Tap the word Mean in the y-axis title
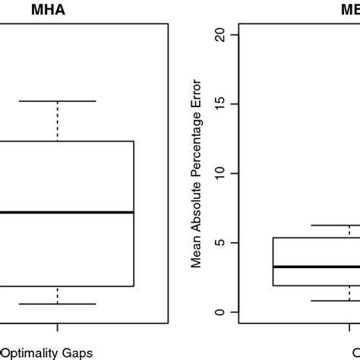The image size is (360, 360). (x=197, y=252)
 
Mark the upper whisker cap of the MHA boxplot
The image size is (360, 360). (x=58, y=101)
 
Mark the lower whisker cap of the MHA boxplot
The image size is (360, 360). (x=58, y=304)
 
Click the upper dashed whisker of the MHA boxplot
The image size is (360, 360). (x=58, y=121)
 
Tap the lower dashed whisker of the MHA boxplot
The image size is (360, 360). (x=58, y=295)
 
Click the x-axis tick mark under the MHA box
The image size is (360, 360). (x=58, y=324)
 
